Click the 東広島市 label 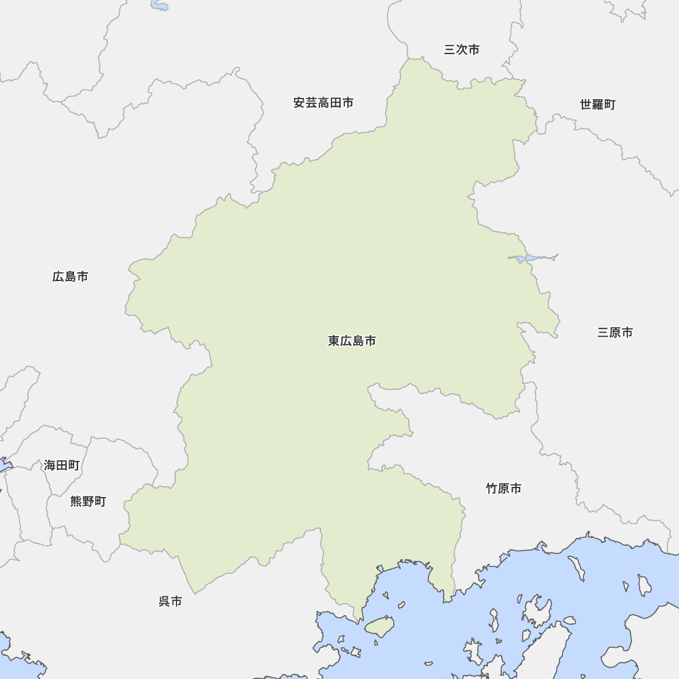pos(352,341)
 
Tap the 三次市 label pos(462,50)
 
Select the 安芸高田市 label pos(323,103)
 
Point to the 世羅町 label pos(598,105)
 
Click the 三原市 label pos(615,333)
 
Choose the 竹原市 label pos(504,489)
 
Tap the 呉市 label pos(170,602)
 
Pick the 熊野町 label pos(88,502)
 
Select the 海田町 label pos(62,466)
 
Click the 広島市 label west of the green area pos(70,277)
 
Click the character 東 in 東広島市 pos(334,341)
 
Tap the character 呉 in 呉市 pos(164,602)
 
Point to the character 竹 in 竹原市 pos(492,489)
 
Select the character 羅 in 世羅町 pos(598,105)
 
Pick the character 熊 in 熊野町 pos(76,502)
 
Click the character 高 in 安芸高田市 pos(323,103)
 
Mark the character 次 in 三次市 pos(462,50)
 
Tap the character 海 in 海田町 pos(50,466)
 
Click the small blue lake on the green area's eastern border pos(530,259)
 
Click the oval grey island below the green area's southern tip pos(380,625)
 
